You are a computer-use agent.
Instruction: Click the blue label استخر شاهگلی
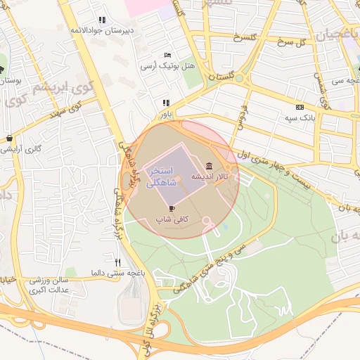(x=163, y=177)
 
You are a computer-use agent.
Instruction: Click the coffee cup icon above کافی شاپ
(x=172, y=208)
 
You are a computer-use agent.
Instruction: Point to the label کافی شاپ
(x=172, y=219)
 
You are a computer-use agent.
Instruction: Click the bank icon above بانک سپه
(x=300, y=107)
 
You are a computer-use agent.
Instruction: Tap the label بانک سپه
(x=300, y=117)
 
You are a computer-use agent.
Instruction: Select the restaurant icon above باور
(x=166, y=103)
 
